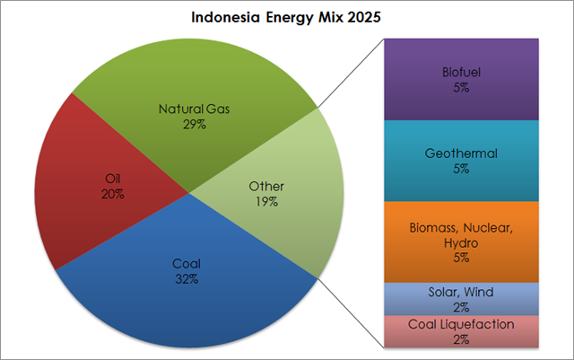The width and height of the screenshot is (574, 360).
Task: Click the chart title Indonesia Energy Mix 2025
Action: (286, 17)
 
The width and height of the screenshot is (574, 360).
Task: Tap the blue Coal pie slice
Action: (187, 294)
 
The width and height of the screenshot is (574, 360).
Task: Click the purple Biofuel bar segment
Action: (461, 79)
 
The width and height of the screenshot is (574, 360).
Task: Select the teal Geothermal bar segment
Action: (461, 161)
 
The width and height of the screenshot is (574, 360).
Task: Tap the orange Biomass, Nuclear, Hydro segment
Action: (461, 242)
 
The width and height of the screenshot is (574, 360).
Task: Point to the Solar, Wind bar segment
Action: (461, 299)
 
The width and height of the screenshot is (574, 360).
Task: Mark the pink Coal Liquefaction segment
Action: (461, 331)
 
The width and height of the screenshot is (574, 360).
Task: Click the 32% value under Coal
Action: (187, 279)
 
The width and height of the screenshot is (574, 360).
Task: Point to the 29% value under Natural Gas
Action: (195, 125)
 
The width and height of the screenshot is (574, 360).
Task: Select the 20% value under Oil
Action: (113, 194)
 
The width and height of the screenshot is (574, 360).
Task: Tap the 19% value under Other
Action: (266, 202)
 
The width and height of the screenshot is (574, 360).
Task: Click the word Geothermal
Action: (461, 154)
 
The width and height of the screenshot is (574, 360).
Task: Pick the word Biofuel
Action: (461, 72)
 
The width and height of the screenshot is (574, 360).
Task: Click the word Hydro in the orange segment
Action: (461, 243)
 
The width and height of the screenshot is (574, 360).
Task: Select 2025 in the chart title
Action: (364, 17)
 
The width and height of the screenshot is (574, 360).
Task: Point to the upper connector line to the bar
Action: (351, 73)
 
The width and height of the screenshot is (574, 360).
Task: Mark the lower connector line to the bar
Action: (351, 312)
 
